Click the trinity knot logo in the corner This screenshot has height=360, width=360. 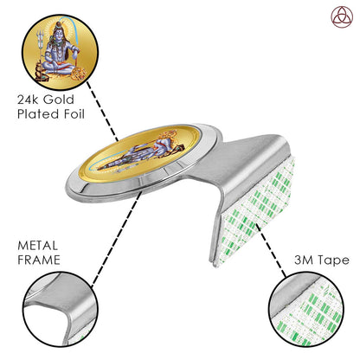coord(342,17)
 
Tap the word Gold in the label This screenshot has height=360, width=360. coord(59,100)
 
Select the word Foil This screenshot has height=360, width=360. coord(74,114)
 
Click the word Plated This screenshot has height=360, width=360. coord(39,114)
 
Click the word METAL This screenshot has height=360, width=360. coord(37,246)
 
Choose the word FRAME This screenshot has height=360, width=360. coord(39,260)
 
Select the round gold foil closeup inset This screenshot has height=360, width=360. coord(61,52)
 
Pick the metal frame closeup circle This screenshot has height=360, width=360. coord(61,309)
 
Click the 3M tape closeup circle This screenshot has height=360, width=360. coord(306,309)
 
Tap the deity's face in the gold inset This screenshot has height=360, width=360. coord(60,34)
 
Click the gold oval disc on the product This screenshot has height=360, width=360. coord(140,152)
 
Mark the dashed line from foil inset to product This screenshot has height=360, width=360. coord(103,111)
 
